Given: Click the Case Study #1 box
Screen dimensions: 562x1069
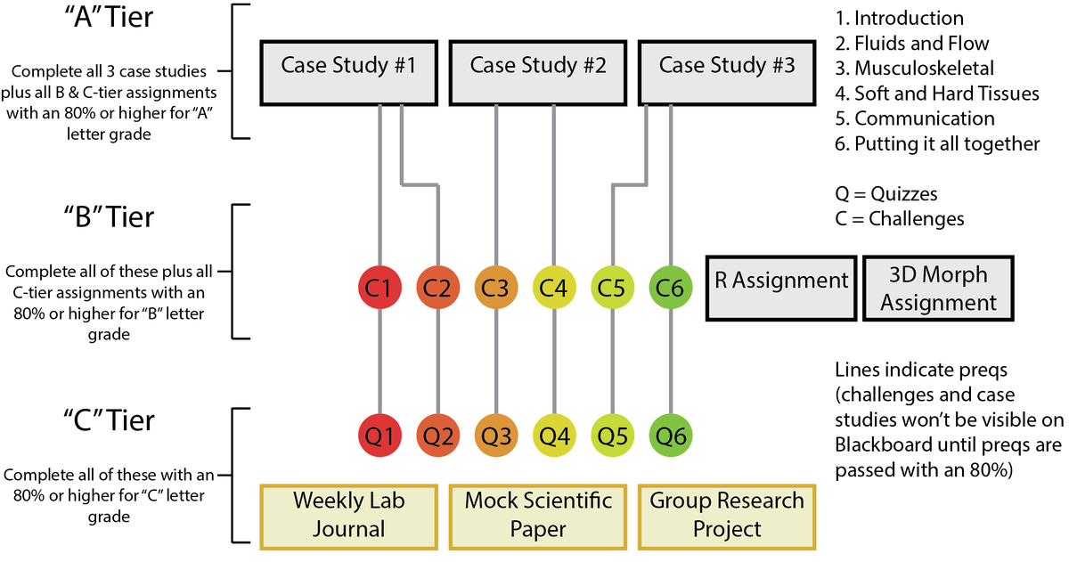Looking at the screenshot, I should [x=349, y=70].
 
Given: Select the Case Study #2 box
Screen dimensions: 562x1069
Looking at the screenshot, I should [x=538, y=70].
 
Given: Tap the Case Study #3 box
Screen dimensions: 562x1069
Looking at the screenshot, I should [x=727, y=70].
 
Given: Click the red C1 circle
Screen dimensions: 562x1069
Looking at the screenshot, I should [x=380, y=287].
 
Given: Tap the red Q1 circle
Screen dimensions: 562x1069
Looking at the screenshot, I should [x=380, y=436].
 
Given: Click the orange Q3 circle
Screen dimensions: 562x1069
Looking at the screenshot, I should [x=496, y=436].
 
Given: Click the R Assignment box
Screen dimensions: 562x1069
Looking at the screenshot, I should [x=781, y=287].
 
